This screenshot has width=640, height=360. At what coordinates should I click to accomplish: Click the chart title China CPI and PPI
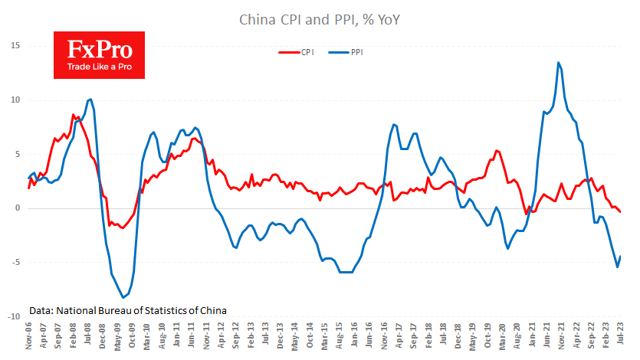click(x=320, y=18)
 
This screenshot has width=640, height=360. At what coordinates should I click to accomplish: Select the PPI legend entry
click(x=348, y=53)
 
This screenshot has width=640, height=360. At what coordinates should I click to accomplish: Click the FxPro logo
click(x=100, y=55)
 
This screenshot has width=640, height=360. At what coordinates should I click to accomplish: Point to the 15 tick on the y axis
click(x=14, y=46)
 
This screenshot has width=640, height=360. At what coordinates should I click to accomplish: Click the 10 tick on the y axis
click(x=14, y=100)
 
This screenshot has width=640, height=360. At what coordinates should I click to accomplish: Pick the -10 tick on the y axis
click(x=12, y=316)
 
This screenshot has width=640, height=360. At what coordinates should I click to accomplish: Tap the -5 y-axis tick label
click(x=15, y=263)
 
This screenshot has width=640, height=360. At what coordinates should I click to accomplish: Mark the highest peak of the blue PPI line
click(x=558, y=63)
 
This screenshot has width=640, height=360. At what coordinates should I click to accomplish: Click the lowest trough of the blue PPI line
click(x=123, y=297)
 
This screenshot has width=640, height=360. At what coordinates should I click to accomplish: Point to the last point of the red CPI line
click(x=620, y=212)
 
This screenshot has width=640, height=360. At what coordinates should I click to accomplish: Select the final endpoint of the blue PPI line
click(x=620, y=257)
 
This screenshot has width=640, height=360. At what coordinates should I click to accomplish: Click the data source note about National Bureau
click(x=129, y=311)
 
